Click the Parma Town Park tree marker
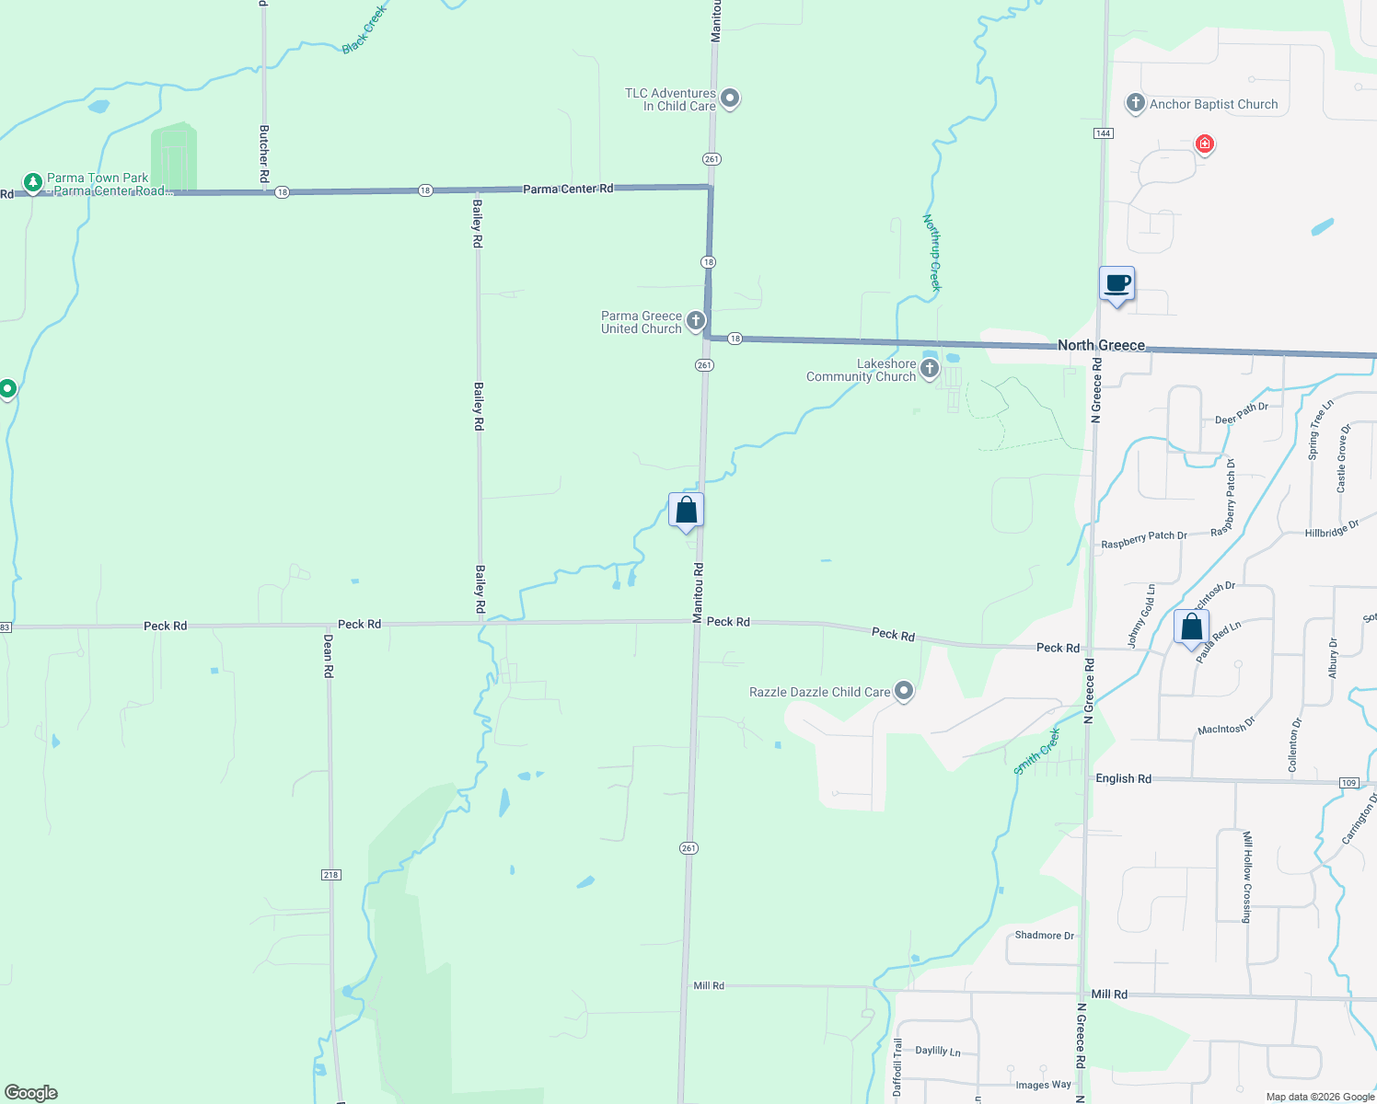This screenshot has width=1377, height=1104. (32, 182)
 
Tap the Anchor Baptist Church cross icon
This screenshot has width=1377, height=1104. (1135, 103)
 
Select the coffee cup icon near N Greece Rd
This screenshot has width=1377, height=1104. (1117, 284)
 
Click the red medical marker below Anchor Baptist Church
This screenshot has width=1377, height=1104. (1204, 144)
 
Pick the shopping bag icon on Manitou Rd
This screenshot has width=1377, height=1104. (686, 511)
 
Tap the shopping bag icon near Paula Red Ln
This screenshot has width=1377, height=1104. (1191, 627)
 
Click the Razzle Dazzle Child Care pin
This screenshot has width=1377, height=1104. (904, 691)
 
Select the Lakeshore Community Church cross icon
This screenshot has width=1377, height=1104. (930, 370)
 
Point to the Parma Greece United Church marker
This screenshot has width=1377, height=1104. (696, 320)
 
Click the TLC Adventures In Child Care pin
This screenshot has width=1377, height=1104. (730, 98)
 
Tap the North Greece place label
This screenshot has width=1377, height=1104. (1101, 345)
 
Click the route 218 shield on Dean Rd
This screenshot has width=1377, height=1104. (331, 874)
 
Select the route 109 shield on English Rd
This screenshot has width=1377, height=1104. (1349, 783)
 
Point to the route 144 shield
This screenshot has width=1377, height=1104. (1104, 133)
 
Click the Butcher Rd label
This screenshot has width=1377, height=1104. (264, 153)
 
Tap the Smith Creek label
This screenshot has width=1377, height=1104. (1037, 752)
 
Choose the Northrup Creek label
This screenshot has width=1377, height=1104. (932, 252)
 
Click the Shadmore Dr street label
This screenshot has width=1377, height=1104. (1044, 936)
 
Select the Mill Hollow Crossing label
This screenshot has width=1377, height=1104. (1247, 877)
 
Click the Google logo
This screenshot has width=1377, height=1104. (31, 1092)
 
